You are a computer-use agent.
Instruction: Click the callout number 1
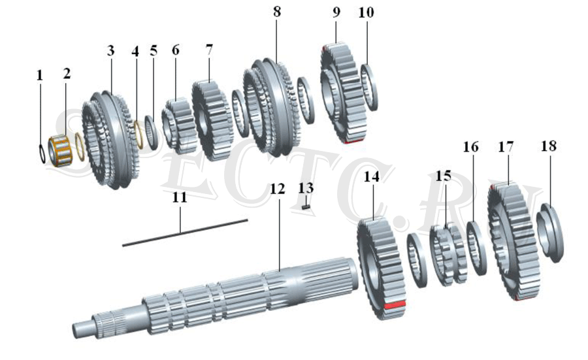[x=40, y=75]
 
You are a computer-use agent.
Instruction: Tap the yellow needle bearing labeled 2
[x=61, y=150]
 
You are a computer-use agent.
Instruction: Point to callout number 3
[x=110, y=50]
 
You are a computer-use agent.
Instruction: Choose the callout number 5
[x=154, y=50]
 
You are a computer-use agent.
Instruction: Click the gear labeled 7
[x=211, y=120]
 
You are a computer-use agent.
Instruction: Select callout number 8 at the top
[x=277, y=12]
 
